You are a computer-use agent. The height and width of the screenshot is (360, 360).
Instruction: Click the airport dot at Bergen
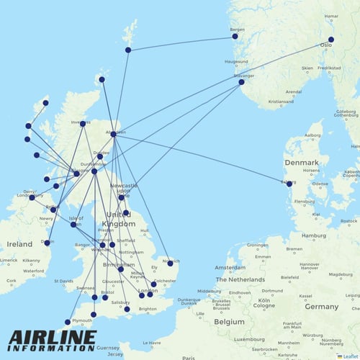235,36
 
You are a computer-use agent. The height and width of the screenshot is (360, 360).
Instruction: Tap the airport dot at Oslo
331,40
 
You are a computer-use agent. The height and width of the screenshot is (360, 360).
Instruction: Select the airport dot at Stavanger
241,82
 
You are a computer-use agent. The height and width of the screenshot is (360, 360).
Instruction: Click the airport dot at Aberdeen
113,134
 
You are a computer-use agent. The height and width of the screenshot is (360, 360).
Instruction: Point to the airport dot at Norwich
170,264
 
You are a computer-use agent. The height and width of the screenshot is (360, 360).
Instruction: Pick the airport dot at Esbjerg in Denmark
289,184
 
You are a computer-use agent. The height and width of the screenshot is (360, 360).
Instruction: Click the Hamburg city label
314,235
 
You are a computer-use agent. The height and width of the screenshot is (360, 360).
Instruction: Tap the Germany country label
321,307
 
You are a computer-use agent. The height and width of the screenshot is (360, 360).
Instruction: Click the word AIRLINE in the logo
51,336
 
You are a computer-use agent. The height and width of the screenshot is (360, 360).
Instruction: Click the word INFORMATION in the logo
51,350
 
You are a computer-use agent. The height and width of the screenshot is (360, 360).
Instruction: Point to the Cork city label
9,281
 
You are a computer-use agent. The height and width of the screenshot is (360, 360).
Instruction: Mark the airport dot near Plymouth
68,322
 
